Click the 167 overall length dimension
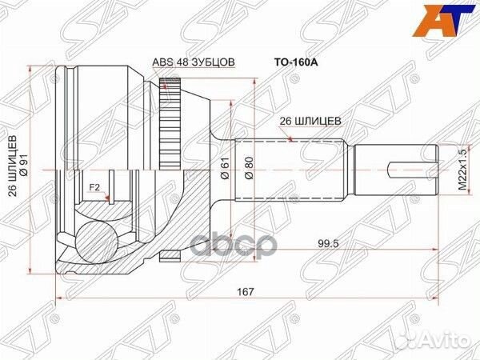click(245, 293)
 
